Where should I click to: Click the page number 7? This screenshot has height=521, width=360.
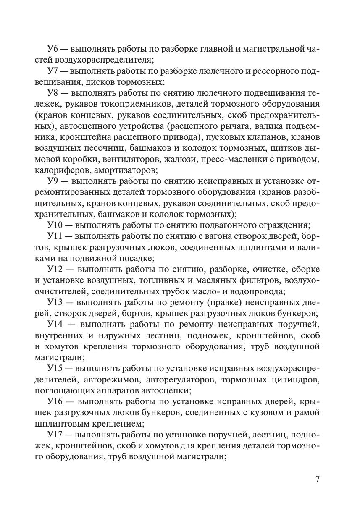click(x=318, y=479)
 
